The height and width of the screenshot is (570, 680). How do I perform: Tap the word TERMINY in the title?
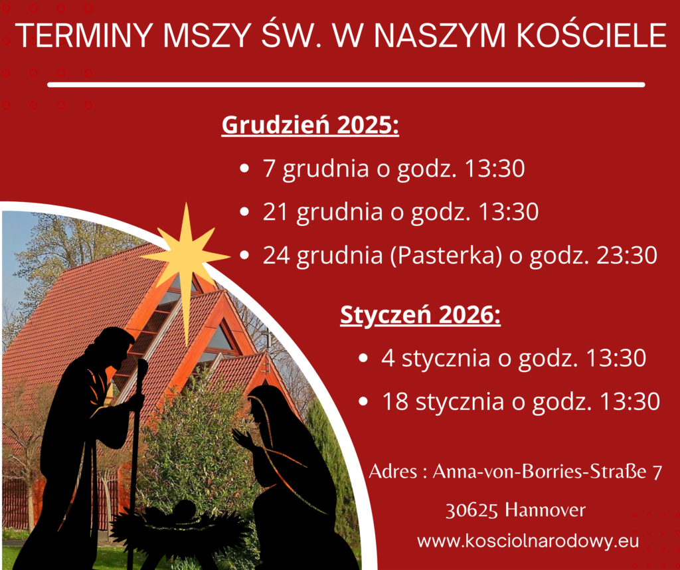click(85, 35)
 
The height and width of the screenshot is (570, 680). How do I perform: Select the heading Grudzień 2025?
click(310, 125)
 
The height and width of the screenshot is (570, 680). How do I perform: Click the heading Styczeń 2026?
click(420, 314)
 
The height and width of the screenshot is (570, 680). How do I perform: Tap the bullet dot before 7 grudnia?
click(244, 168)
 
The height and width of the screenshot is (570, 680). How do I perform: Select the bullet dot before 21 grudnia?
click(244, 212)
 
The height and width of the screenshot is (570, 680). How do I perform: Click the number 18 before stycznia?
click(395, 401)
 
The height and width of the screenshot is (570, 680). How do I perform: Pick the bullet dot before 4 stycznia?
click(363, 358)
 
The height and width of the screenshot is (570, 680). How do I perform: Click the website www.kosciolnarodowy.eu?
click(528, 541)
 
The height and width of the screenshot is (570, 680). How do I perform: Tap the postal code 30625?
click(471, 511)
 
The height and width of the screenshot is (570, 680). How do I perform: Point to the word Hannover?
click(545, 510)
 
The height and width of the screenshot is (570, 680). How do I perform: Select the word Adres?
click(393, 472)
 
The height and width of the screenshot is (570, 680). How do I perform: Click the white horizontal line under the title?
click(346, 84)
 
